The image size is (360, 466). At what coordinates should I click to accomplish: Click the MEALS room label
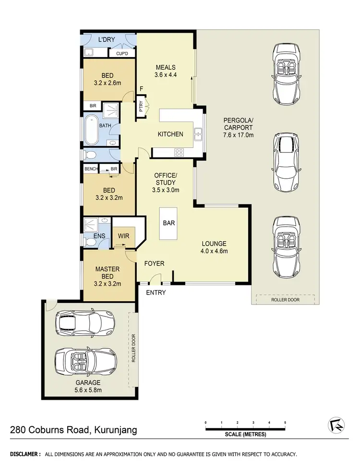click(165, 67)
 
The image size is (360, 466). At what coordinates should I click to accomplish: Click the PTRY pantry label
click(141, 105)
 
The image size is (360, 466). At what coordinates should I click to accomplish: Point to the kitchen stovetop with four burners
click(179, 152)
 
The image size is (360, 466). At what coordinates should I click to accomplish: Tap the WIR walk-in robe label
click(124, 236)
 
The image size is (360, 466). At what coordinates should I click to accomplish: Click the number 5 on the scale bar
click(285, 422)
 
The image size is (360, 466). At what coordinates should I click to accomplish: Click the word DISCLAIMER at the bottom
click(25, 454)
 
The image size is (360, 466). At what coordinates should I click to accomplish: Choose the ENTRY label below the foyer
click(156, 292)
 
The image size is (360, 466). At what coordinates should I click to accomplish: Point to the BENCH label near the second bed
click(91, 169)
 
